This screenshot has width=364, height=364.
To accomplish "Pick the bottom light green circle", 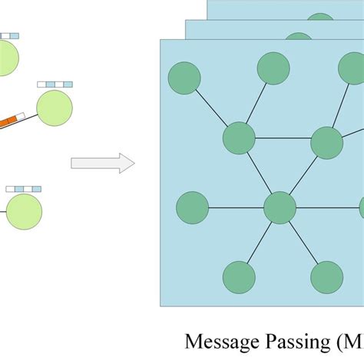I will click(x=24, y=210).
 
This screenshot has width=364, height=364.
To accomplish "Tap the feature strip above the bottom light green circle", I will click(x=23, y=188).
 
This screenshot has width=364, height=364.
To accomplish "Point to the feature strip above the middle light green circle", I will click(x=55, y=84).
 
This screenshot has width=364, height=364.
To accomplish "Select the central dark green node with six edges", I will click(x=280, y=207).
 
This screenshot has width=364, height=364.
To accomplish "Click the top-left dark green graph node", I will click(x=184, y=79).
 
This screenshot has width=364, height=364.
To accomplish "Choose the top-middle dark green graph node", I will click(x=273, y=68).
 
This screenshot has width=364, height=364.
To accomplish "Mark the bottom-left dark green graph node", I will click(x=239, y=277).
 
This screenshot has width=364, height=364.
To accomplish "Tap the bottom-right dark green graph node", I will click(x=327, y=277).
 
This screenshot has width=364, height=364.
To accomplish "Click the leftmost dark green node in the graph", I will click(x=192, y=207).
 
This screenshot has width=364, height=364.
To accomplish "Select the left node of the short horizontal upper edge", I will click(x=239, y=138).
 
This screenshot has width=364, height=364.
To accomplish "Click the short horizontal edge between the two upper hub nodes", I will click(x=283, y=139).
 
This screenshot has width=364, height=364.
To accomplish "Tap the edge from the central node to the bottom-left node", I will click(x=260, y=242).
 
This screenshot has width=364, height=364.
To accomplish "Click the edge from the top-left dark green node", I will click(x=211, y=108).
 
